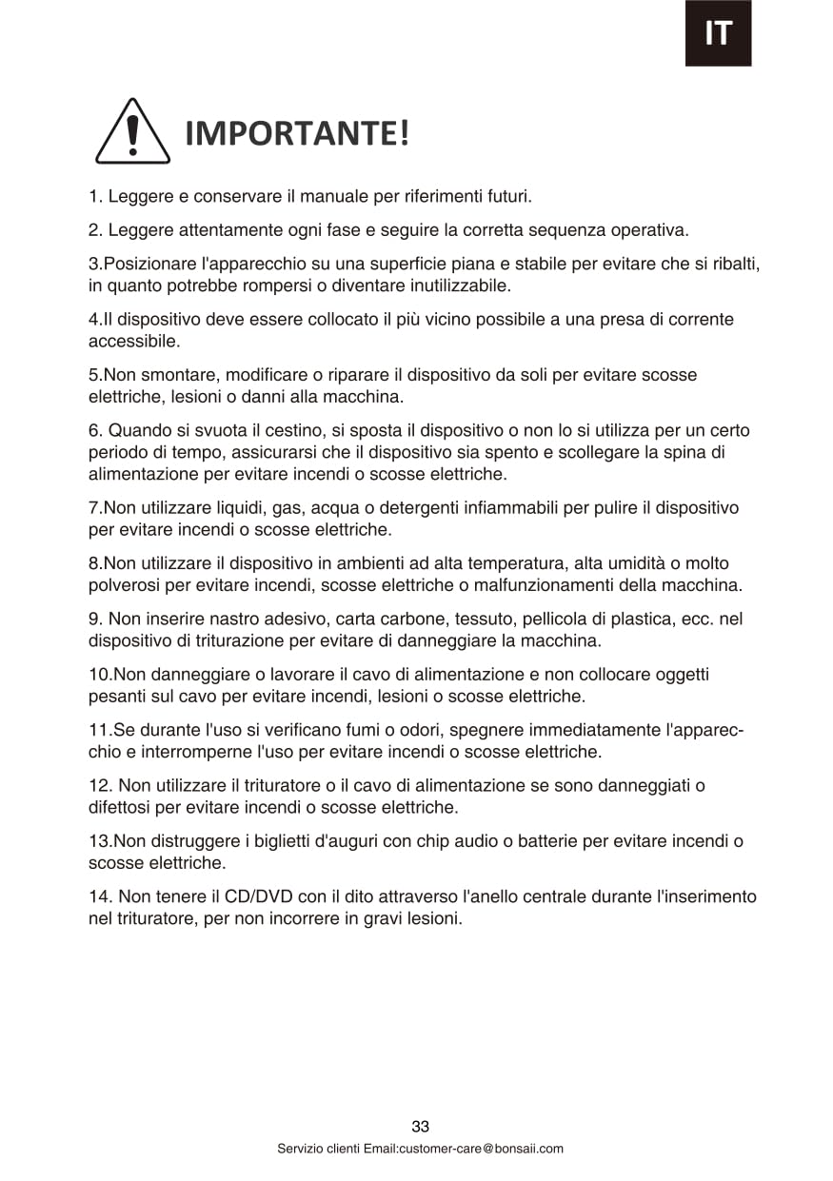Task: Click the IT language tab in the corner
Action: coord(718,33)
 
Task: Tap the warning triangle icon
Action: coord(132,132)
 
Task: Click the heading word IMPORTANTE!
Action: coord(296,134)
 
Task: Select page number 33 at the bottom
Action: coord(420,1127)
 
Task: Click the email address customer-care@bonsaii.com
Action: coord(481,1149)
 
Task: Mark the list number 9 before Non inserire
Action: coord(94,619)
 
